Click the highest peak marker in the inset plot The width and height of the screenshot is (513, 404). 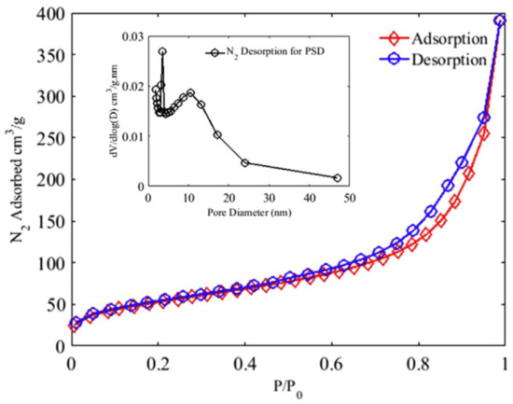tap(162, 52)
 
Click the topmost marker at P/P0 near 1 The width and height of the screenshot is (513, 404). tap(500, 20)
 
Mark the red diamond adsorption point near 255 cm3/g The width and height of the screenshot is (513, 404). tap(484, 133)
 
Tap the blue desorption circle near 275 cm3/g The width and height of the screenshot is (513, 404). tap(483, 118)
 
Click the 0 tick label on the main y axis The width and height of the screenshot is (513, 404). tap(62, 347)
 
